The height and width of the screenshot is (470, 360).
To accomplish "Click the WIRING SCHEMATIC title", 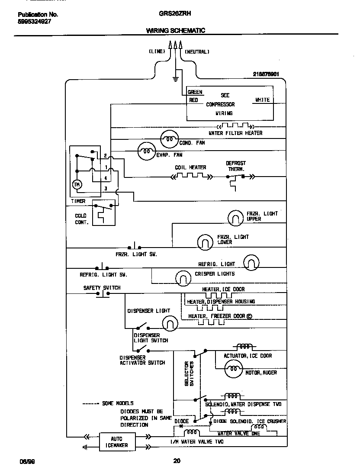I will [176, 30].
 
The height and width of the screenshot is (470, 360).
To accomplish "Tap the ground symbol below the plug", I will [176, 79].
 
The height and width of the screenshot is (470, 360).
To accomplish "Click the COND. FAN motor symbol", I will [169, 139].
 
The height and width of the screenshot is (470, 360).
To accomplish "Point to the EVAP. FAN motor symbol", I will [147, 151].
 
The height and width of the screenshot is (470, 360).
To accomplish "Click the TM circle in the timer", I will [77, 184].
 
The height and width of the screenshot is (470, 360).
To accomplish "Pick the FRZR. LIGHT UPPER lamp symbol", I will [236, 218].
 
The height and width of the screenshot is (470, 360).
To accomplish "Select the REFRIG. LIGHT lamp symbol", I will [251, 262].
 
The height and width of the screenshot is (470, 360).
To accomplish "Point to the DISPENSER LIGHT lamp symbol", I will [170, 323].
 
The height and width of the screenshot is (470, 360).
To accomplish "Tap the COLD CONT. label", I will [81, 219].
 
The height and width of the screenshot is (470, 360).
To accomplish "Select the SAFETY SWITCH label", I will [102, 288].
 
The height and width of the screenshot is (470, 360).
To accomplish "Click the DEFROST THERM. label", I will [236, 166].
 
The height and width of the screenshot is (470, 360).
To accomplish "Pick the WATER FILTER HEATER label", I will [235, 133].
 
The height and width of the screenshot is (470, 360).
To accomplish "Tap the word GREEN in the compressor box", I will [195, 92].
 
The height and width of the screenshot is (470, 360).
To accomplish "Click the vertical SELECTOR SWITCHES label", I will [189, 373].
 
